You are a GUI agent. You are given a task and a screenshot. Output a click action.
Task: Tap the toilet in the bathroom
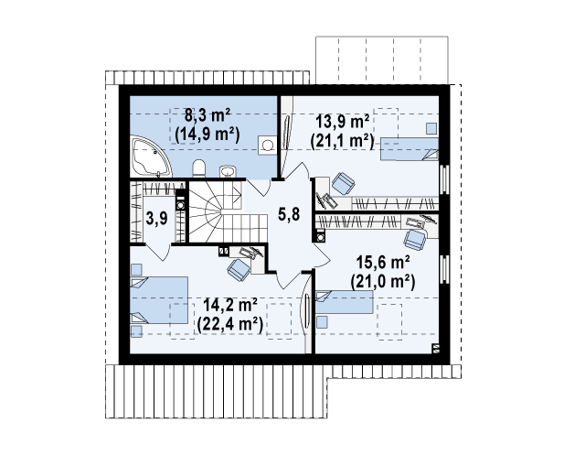click(x=199, y=168)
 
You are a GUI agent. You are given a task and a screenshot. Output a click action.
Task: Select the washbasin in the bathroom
click(x=228, y=171)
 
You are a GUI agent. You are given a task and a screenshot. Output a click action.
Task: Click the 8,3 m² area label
click(x=207, y=115)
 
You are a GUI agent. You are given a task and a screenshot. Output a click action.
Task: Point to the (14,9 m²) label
click(x=207, y=134)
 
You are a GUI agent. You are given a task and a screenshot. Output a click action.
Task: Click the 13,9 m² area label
click(x=343, y=122)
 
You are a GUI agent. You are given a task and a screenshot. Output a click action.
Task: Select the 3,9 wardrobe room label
click(x=156, y=218)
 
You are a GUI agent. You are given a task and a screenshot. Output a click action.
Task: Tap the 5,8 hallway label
click(x=289, y=214)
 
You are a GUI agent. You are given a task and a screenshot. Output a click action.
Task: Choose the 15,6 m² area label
click(x=383, y=262)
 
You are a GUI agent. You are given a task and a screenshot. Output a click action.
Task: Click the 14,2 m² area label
click(x=229, y=305)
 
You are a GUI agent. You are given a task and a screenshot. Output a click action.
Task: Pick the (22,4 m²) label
click(x=229, y=324)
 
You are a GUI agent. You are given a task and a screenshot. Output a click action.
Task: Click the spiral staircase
click(x=228, y=211)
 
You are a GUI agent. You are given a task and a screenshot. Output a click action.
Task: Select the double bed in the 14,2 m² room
click(x=159, y=300)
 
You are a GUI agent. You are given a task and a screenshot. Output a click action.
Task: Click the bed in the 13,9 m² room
click(x=409, y=149)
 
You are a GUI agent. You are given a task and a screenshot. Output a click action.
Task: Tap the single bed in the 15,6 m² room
click(x=345, y=302)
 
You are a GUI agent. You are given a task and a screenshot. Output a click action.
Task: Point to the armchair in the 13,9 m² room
click(x=343, y=184)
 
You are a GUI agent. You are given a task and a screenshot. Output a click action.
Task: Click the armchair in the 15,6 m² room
click(x=414, y=240)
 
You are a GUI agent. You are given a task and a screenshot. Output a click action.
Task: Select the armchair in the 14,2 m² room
click(x=239, y=269)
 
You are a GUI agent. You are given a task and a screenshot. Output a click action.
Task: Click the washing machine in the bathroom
click(x=268, y=145)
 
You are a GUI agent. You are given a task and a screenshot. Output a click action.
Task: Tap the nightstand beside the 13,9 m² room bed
click(x=431, y=128)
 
